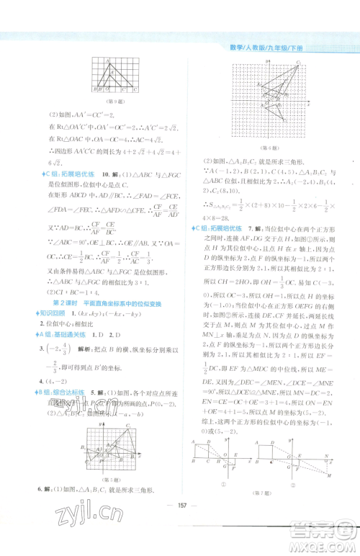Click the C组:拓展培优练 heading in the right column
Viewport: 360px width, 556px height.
[214, 228]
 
